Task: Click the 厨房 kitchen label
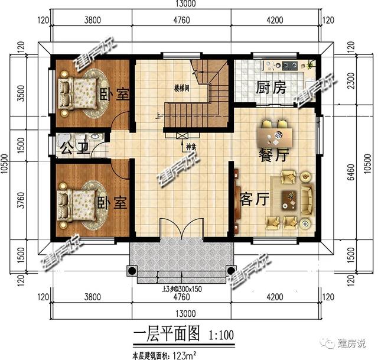(x=271, y=88)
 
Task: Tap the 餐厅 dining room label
(x=274, y=156)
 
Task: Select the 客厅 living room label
(x=255, y=199)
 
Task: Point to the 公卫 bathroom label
(x=71, y=147)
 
